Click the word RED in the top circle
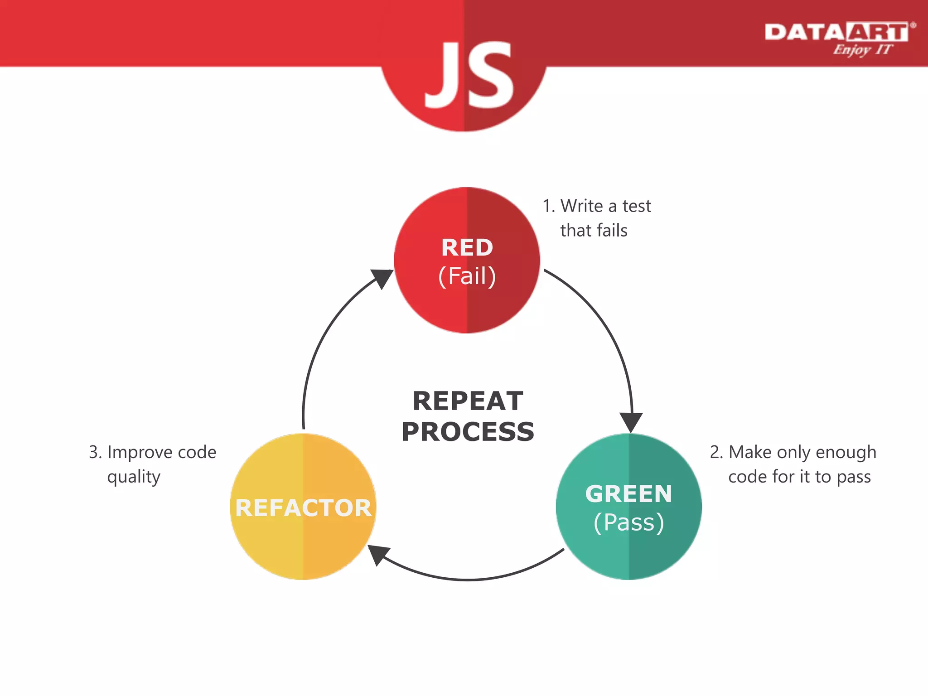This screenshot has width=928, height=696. [467, 248]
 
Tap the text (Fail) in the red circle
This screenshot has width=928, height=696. [467, 276]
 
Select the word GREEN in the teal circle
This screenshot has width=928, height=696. [628, 494]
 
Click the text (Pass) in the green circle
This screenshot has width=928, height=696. [628, 522]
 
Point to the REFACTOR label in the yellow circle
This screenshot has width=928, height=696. [303, 508]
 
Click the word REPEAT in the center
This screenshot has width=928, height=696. [468, 401]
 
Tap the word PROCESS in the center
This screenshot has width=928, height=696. [468, 432]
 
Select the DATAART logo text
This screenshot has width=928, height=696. [836, 33]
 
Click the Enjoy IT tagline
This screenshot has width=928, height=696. [862, 49]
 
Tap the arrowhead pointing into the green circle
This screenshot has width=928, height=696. [631, 422]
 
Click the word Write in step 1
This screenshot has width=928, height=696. [582, 206]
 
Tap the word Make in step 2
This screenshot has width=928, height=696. [749, 452]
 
